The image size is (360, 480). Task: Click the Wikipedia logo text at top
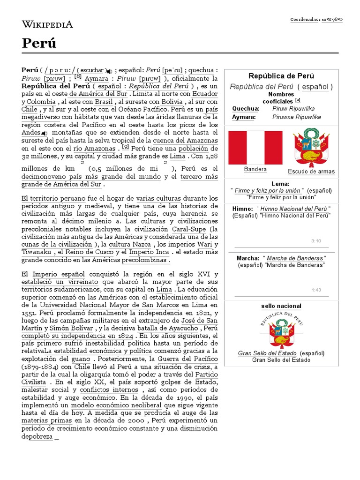[x=47, y=24]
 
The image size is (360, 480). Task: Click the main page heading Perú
[x=39, y=43]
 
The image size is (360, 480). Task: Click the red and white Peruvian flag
[x=255, y=148]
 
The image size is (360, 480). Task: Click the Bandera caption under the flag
[x=255, y=169]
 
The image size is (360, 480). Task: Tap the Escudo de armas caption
[x=311, y=171]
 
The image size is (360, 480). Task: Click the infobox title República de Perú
[x=281, y=76]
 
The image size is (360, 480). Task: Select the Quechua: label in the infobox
[x=246, y=108]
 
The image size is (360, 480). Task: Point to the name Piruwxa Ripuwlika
[x=297, y=117]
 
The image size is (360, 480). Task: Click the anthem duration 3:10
[x=315, y=241]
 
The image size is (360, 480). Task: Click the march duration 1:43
[x=315, y=290]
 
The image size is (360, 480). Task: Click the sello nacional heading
[x=281, y=306]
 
